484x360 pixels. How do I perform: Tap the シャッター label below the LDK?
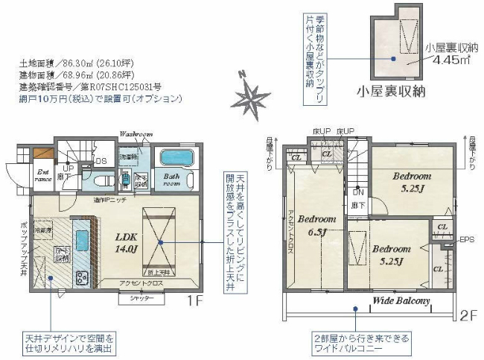pyautogui.click(x=141, y=298)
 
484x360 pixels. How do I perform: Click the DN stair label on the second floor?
pyautogui.click(x=358, y=192)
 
